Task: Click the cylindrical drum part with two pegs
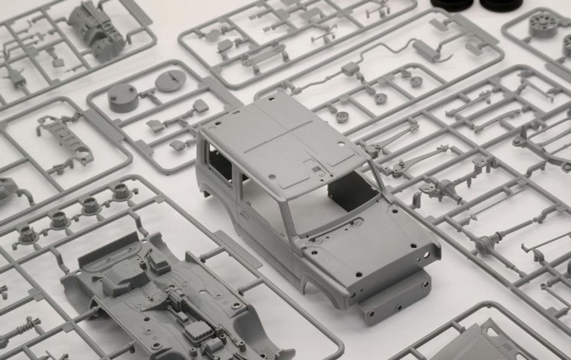(122, 98)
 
